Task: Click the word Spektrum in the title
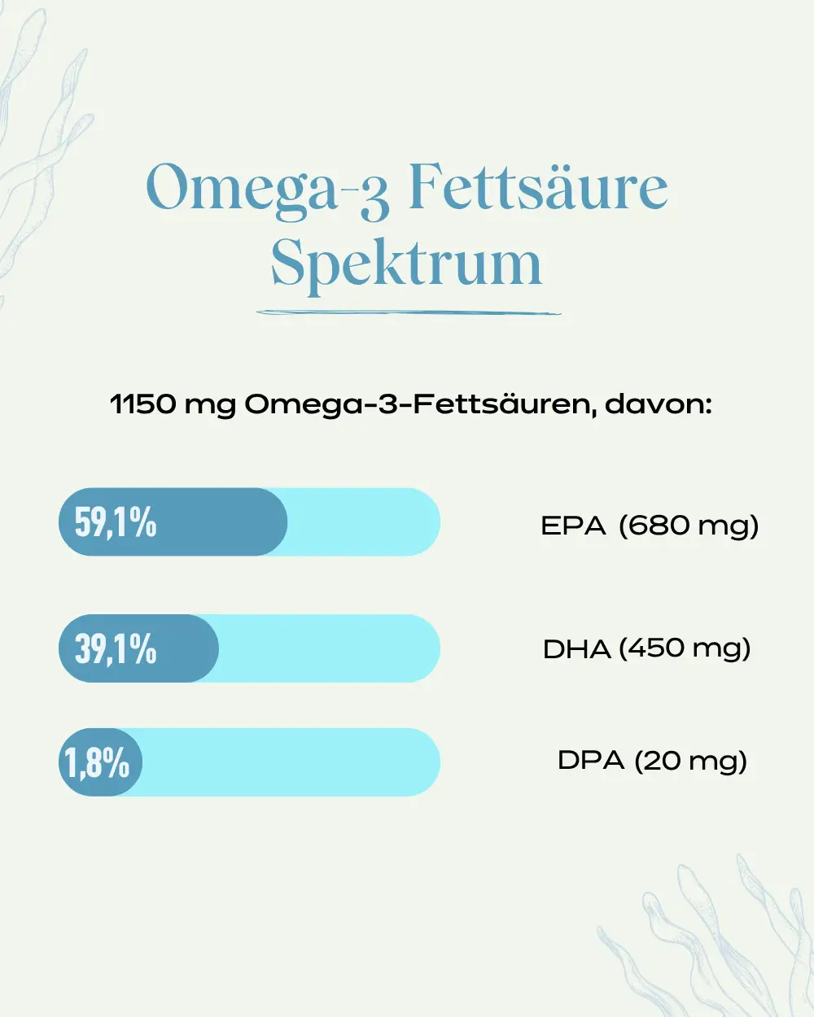tap(407, 265)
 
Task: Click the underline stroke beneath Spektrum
tap(409, 312)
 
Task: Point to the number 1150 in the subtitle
tap(142, 404)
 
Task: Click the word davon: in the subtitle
tap(659, 404)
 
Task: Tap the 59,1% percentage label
tap(116, 522)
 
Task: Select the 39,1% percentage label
tap(116, 649)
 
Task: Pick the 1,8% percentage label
tap(97, 762)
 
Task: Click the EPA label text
tap(573, 526)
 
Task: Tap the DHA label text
tap(576, 649)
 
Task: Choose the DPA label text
tap(591, 761)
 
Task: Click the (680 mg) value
tap(689, 526)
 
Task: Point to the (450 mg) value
tap(685, 649)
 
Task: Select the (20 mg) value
tap(690, 762)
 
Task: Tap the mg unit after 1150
tap(210, 407)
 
